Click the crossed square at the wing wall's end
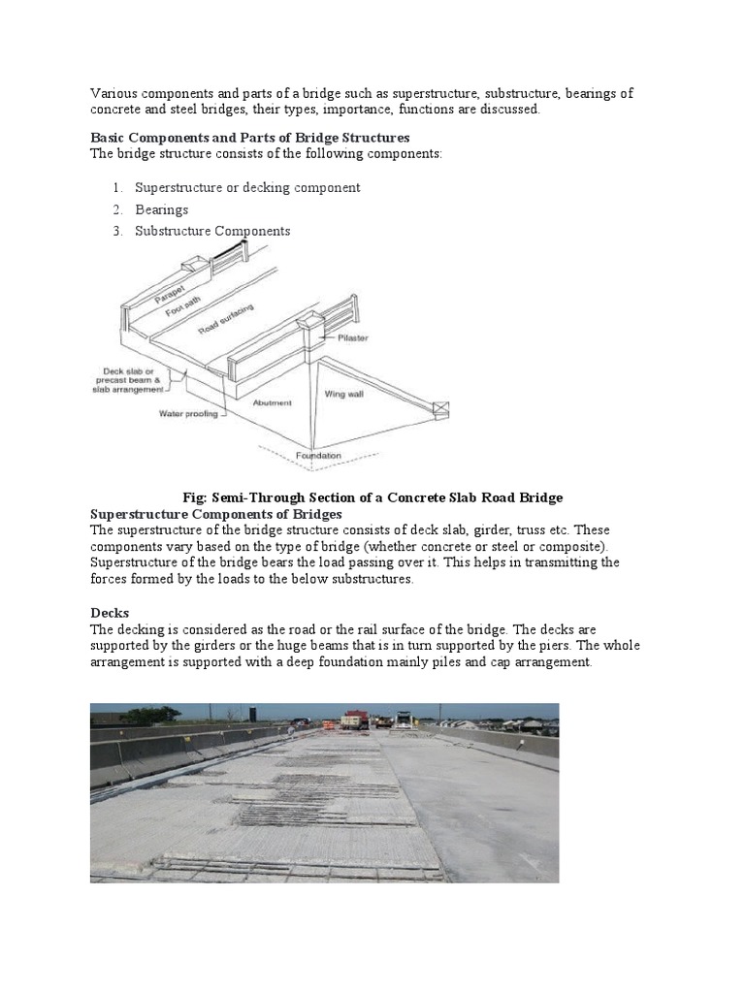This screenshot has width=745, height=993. tap(441, 409)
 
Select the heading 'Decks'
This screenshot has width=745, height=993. tap(110, 613)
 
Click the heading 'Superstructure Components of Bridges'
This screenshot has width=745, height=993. tap(216, 513)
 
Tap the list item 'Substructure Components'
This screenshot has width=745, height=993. tap(212, 231)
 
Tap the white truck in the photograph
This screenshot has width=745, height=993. tap(403, 720)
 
